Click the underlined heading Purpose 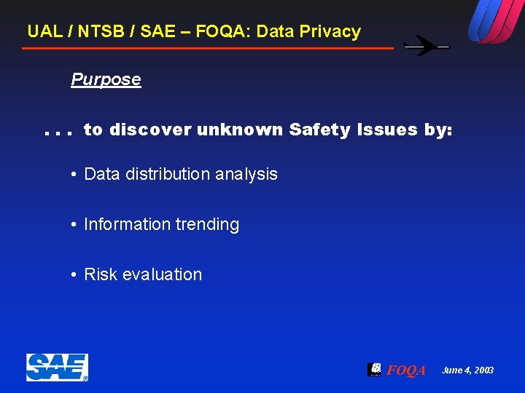[x=106, y=79]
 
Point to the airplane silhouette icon [x=427, y=46]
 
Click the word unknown [x=240, y=130]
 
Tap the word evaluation [x=162, y=274]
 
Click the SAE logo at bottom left [x=57, y=368]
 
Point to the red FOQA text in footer [x=406, y=370]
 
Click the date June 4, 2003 [x=467, y=370]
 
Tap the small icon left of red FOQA [x=374, y=369]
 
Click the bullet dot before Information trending [x=74, y=225]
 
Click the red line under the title [x=208, y=49]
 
